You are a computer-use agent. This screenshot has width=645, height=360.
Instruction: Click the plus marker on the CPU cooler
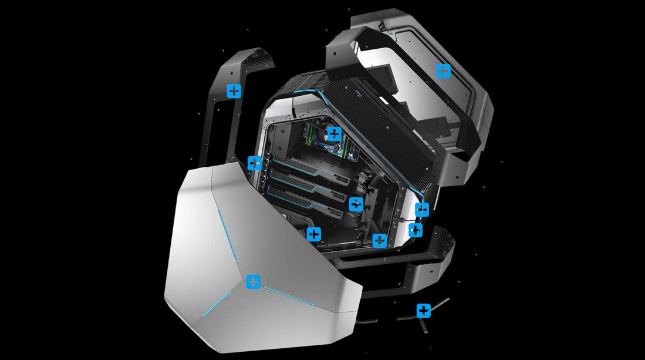tap(334, 133)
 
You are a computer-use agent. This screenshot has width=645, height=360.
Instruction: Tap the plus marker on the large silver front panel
tap(253, 281)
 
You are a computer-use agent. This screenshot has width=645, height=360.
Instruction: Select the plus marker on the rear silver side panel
tap(444, 71)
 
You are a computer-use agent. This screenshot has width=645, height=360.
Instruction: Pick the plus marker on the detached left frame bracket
tap(234, 90)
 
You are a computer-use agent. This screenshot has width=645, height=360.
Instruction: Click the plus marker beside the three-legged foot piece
tap(423, 310)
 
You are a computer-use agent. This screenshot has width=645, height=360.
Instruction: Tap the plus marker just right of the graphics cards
tap(356, 204)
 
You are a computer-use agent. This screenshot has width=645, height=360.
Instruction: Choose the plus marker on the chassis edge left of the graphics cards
tap(254, 163)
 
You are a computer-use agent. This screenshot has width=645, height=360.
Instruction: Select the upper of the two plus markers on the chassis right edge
tap(422, 209)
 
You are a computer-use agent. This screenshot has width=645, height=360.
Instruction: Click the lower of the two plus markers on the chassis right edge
tap(416, 230)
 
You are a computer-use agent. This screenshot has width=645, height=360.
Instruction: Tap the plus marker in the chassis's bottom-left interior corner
tap(314, 234)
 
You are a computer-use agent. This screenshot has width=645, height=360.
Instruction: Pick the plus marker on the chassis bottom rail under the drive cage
tap(379, 240)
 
